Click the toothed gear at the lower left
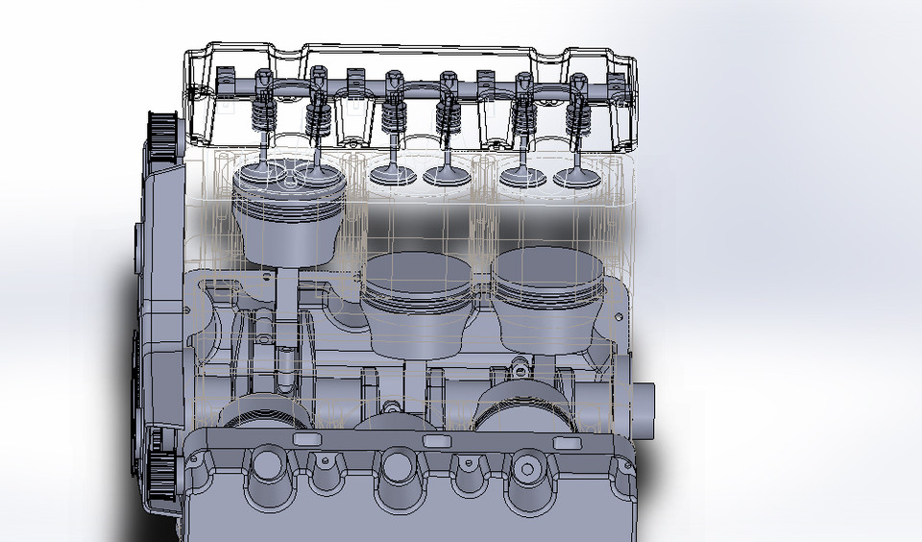click(x=161, y=471)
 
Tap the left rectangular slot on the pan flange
click(x=306, y=439)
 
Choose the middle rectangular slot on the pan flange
click(x=436, y=440)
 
